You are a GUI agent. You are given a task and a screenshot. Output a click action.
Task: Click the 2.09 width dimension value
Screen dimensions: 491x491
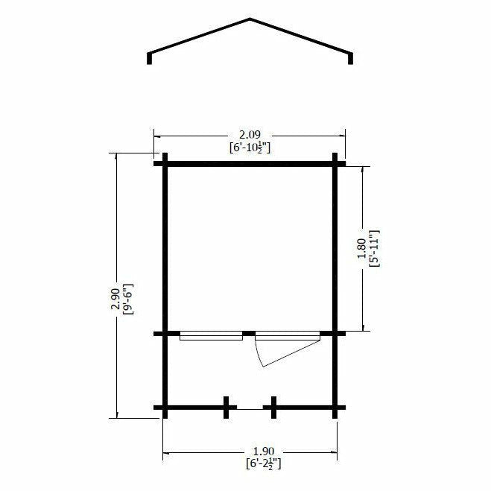[249, 136]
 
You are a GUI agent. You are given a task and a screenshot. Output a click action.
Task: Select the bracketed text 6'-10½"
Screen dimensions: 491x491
[250, 148]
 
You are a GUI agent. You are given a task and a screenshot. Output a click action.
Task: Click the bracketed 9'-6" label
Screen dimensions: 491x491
[127, 297]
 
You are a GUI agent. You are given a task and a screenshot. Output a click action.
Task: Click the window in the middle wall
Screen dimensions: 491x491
[211, 336]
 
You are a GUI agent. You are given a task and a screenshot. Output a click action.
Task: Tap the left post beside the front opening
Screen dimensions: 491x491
[227, 408]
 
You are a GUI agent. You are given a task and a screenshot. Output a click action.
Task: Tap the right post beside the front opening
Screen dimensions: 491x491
[273, 408]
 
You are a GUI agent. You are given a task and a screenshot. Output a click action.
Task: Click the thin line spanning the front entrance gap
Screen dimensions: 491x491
[250, 408]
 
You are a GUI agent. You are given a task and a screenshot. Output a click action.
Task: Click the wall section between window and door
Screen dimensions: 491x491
[249, 333]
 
